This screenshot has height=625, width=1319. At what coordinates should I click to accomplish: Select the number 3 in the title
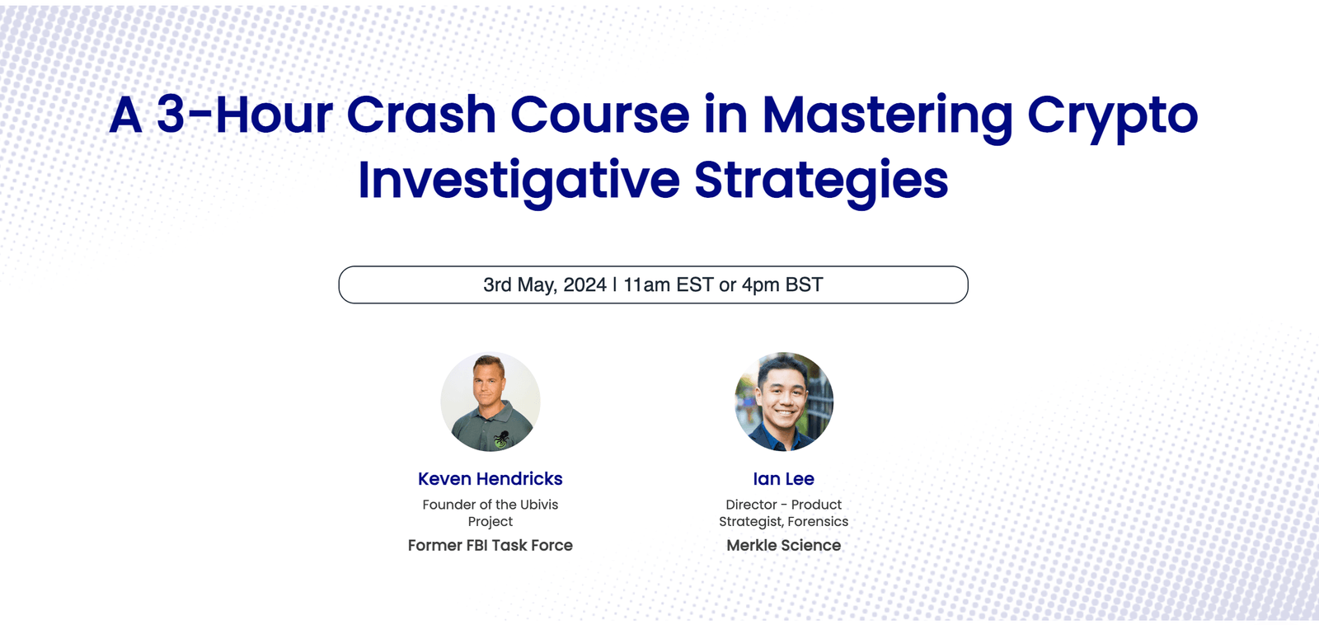point(171,115)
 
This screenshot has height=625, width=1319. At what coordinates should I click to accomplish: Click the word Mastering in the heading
point(887,115)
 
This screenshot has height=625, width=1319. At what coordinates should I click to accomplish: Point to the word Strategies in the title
point(821,181)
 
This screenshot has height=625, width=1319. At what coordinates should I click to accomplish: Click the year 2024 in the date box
point(584,285)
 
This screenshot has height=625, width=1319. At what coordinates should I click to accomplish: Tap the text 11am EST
point(668,285)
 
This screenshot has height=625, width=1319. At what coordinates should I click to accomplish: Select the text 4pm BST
point(782,285)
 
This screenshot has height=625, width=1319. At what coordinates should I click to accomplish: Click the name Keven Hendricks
point(490,479)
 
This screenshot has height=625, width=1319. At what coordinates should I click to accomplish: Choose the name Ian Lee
point(783,479)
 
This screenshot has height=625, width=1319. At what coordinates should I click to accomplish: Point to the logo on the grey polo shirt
point(500,439)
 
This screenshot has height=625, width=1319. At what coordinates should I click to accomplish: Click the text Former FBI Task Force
point(490,545)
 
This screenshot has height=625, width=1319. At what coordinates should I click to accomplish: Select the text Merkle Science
point(783,545)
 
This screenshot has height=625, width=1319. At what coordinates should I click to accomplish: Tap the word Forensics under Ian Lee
point(818,522)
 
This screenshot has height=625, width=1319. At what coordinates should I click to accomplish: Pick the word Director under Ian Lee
point(751,505)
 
